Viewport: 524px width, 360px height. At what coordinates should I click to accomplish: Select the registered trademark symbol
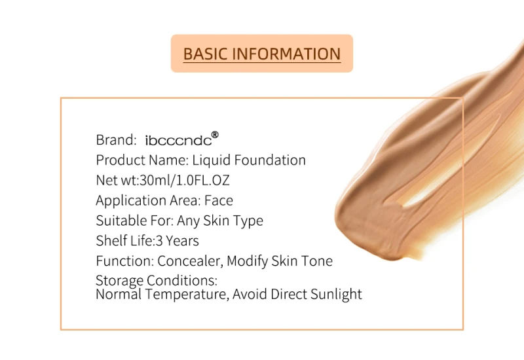pyautogui.click(x=215, y=135)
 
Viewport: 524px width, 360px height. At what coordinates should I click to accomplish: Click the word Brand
pyautogui.click(x=117, y=140)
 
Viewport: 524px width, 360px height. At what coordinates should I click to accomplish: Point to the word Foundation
pyautogui.click(x=270, y=160)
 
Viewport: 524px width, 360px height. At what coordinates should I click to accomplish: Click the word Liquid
pyautogui.click(x=211, y=160)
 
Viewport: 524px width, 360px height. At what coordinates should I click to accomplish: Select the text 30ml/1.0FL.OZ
pyautogui.click(x=185, y=181)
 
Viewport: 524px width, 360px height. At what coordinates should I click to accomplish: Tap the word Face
pyautogui.click(x=219, y=200)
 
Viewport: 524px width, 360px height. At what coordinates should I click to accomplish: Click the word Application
pyautogui.click(x=130, y=201)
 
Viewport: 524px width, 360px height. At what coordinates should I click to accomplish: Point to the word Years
pyautogui.click(x=183, y=241)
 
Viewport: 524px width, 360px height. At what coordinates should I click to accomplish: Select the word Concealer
pyautogui.click(x=190, y=261)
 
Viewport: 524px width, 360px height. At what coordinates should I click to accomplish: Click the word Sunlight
pyautogui.click(x=336, y=295)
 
